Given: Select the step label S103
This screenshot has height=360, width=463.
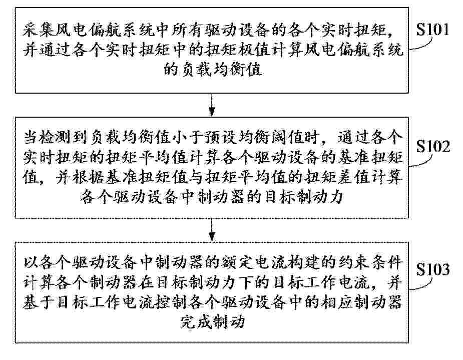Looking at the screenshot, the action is [433, 269].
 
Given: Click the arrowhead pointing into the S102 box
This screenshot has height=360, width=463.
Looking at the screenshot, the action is [212, 112].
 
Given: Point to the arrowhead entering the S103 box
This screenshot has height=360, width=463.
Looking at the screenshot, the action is [212, 237].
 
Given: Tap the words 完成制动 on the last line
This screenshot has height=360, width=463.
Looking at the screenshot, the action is [213, 321].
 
